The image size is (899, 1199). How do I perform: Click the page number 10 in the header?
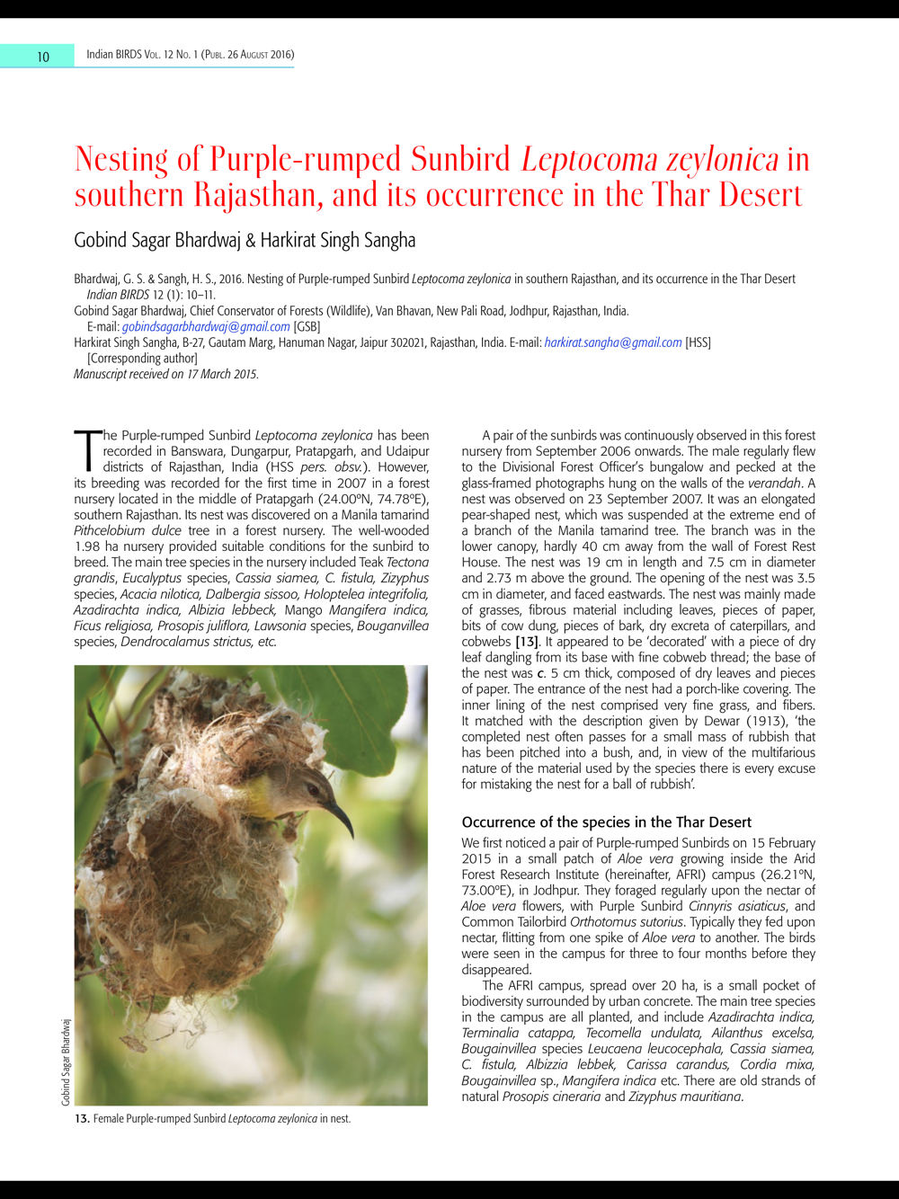(43, 57)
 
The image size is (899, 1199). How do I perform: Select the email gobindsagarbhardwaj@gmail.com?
(206, 326)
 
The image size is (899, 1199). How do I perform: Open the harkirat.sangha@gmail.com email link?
(613, 342)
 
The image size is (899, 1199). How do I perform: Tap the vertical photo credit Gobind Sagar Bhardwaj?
(66, 1062)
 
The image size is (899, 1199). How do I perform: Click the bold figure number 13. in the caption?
(82, 1119)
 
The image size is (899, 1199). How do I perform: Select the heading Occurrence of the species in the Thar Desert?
(606, 822)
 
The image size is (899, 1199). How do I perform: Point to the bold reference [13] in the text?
(527, 642)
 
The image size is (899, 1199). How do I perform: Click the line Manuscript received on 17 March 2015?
(166, 374)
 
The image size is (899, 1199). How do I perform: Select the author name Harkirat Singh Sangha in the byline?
(338, 240)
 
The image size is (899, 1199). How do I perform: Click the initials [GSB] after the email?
(307, 326)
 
